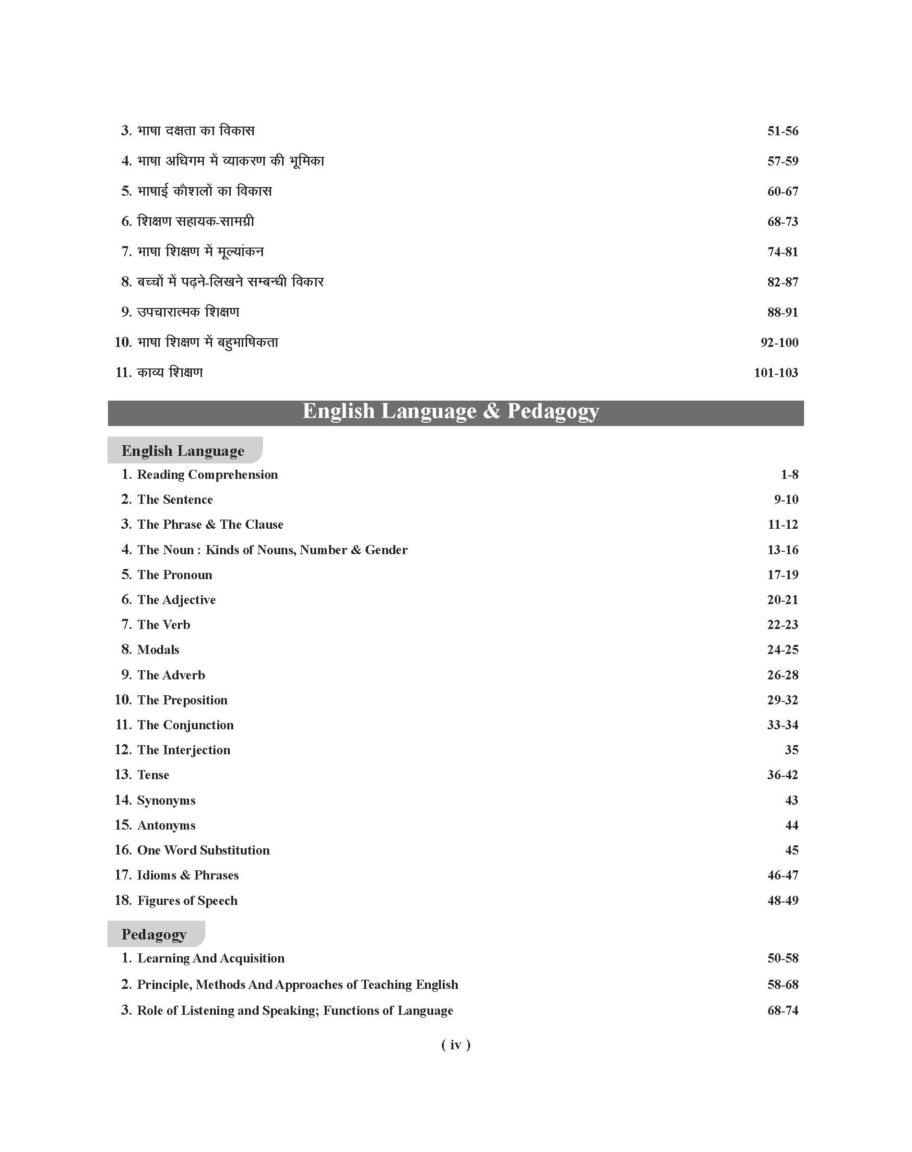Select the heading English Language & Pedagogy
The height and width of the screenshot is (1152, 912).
(x=450, y=411)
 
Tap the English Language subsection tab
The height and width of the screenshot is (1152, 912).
(x=183, y=451)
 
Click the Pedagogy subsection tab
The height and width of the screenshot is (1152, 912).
(x=154, y=934)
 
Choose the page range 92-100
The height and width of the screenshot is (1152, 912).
(x=779, y=343)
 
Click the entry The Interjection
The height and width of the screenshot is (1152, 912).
(x=184, y=750)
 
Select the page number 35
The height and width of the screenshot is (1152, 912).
(x=791, y=750)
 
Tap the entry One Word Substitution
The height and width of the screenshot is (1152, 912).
(x=203, y=850)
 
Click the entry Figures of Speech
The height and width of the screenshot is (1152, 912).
(x=187, y=901)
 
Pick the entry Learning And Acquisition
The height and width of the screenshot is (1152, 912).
(x=211, y=958)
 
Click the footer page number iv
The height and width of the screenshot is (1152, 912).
(x=455, y=1045)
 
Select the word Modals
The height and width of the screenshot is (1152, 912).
(x=158, y=650)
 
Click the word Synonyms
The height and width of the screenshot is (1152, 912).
(x=166, y=800)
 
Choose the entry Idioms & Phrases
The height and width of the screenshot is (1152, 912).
(x=188, y=875)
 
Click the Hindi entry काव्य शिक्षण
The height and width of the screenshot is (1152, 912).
(x=170, y=372)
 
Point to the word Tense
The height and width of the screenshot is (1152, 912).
(x=153, y=775)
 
